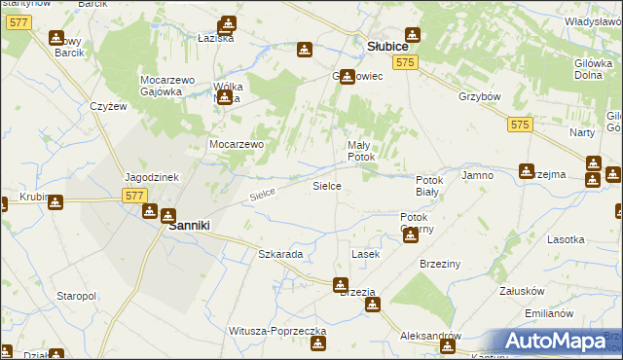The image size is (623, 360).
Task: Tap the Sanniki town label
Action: pos(191,225)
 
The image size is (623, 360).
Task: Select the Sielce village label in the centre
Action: pos(325,184)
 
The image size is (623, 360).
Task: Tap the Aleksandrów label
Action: pos(429,335)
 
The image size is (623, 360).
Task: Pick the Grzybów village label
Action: pos(479,96)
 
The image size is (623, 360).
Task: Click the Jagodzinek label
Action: pos(150,177)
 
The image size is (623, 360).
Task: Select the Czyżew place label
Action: pos(108,106)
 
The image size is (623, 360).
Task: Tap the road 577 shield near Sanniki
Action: pos(135,196)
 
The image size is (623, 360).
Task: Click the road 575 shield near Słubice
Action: pos(407,62)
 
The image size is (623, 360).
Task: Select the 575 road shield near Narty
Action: pos(521,125)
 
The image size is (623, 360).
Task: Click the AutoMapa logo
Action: pos(555,341)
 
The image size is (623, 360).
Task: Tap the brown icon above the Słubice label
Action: pos(413,35)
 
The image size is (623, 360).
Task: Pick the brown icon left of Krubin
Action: pos(3,203)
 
